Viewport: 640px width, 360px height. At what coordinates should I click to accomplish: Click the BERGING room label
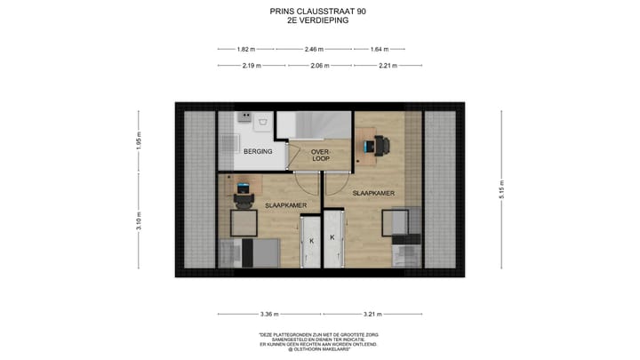258,152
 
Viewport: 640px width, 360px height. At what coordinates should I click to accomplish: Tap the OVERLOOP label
320,156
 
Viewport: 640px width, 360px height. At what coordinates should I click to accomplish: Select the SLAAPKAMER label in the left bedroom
286,205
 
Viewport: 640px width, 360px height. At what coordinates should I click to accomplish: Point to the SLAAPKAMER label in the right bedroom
373,192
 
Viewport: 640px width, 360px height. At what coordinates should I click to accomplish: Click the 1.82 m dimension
246,50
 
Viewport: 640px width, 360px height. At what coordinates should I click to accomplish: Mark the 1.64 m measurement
380,50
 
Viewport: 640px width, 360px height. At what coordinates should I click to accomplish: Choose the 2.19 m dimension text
252,65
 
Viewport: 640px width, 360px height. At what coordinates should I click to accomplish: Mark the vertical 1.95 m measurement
139,142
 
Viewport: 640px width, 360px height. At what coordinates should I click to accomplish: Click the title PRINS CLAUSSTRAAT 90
317,12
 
